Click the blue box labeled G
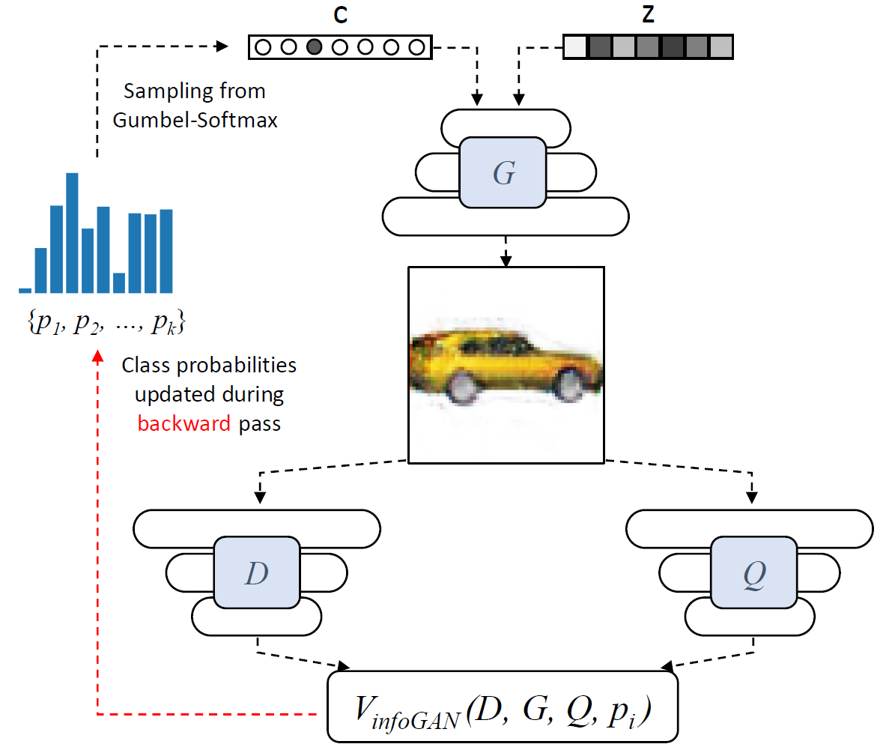point(503,172)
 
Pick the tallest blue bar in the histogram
point(72,233)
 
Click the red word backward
point(183,423)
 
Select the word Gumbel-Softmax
point(195,120)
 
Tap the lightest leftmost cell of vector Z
point(574,47)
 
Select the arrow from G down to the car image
point(506,250)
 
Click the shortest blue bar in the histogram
point(25,290)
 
